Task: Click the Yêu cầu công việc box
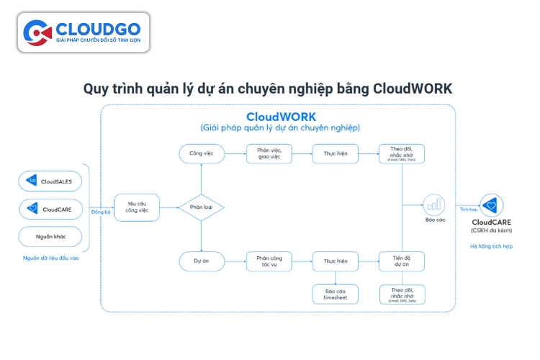click(x=137, y=208)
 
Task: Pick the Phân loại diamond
click(x=201, y=207)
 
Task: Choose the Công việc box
click(x=201, y=153)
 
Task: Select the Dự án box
click(x=201, y=261)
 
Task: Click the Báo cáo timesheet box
click(x=335, y=294)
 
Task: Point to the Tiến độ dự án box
click(x=401, y=261)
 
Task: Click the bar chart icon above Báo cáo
click(x=434, y=204)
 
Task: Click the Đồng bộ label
click(x=101, y=212)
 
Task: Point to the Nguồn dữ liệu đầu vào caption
click(x=50, y=258)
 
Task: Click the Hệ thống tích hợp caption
click(x=491, y=246)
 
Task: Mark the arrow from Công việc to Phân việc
click(x=235, y=153)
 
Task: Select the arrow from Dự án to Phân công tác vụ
click(x=235, y=261)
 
